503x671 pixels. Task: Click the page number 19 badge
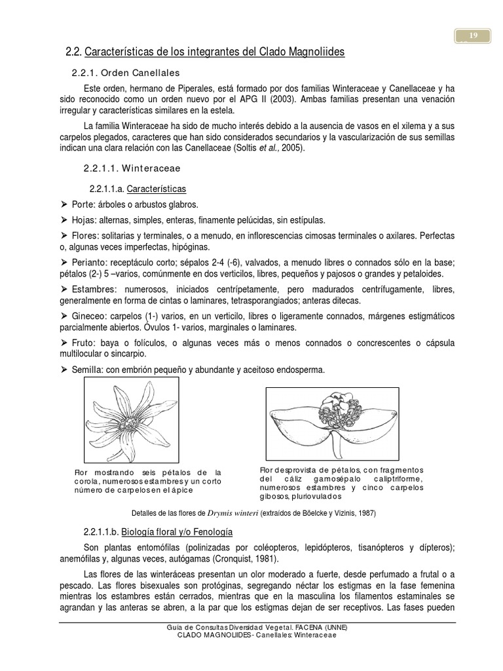(472, 36)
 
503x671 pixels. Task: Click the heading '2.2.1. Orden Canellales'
(125, 72)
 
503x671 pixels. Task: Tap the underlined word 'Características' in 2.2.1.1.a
(156, 189)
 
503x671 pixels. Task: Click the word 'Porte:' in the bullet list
(84, 204)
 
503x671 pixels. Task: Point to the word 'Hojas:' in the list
(85, 220)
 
